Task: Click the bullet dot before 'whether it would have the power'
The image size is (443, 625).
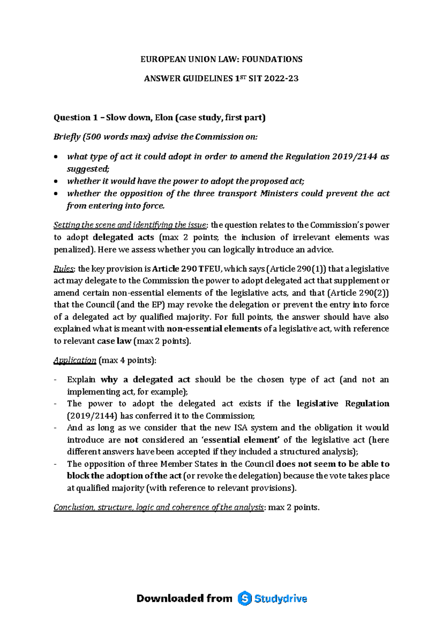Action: pyautogui.click(x=56, y=181)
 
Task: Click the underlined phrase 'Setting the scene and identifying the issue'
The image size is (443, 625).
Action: pyautogui.click(x=131, y=225)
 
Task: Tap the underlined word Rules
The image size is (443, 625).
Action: pyautogui.click(x=62, y=269)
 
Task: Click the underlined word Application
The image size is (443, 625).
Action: pyautogui.click(x=75, y=360)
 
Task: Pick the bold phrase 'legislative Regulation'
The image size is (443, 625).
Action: pyautogui.click(x=343, y=404)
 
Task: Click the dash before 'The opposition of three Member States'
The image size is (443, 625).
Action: pyautogui.click(x=56, y=464)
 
